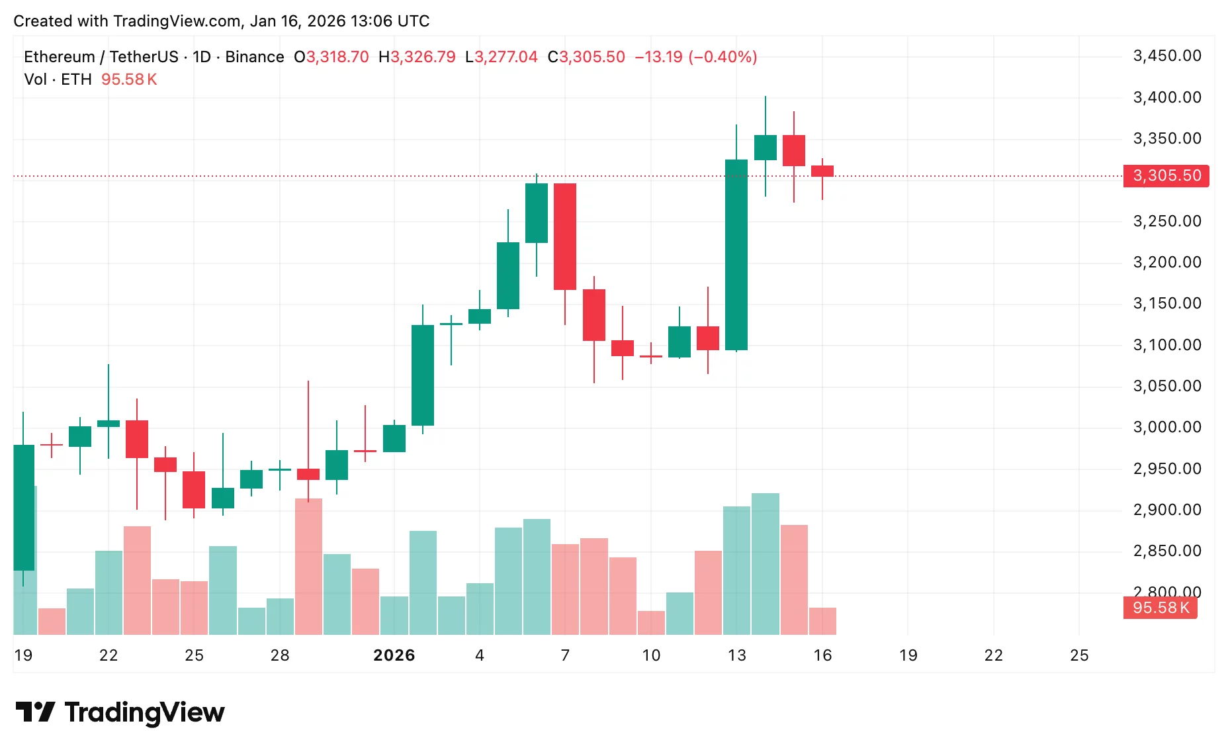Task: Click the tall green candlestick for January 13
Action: pos(736,255)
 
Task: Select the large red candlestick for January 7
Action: pos(565,236)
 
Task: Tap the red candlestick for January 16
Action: pos(822,171)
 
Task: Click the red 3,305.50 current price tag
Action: pos(1166,176)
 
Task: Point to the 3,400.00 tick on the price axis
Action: pos(1167,97)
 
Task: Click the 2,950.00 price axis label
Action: pos(1167,469)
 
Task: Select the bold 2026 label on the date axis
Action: pos(394,655)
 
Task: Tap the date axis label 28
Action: pos(280,655)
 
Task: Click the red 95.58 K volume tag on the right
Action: pos(1160,608)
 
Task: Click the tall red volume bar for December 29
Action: pos(308,567)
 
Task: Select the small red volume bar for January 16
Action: pos(822,621)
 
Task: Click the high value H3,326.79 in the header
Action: pos(417,57)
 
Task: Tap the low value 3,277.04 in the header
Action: pos(505,57)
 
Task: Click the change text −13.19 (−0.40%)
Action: pos(695,57)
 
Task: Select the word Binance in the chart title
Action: pos(255,57)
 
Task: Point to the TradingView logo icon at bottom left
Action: pos(34,712)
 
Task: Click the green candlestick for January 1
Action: pos(423,375)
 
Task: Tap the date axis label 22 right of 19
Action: pos(994,655)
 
